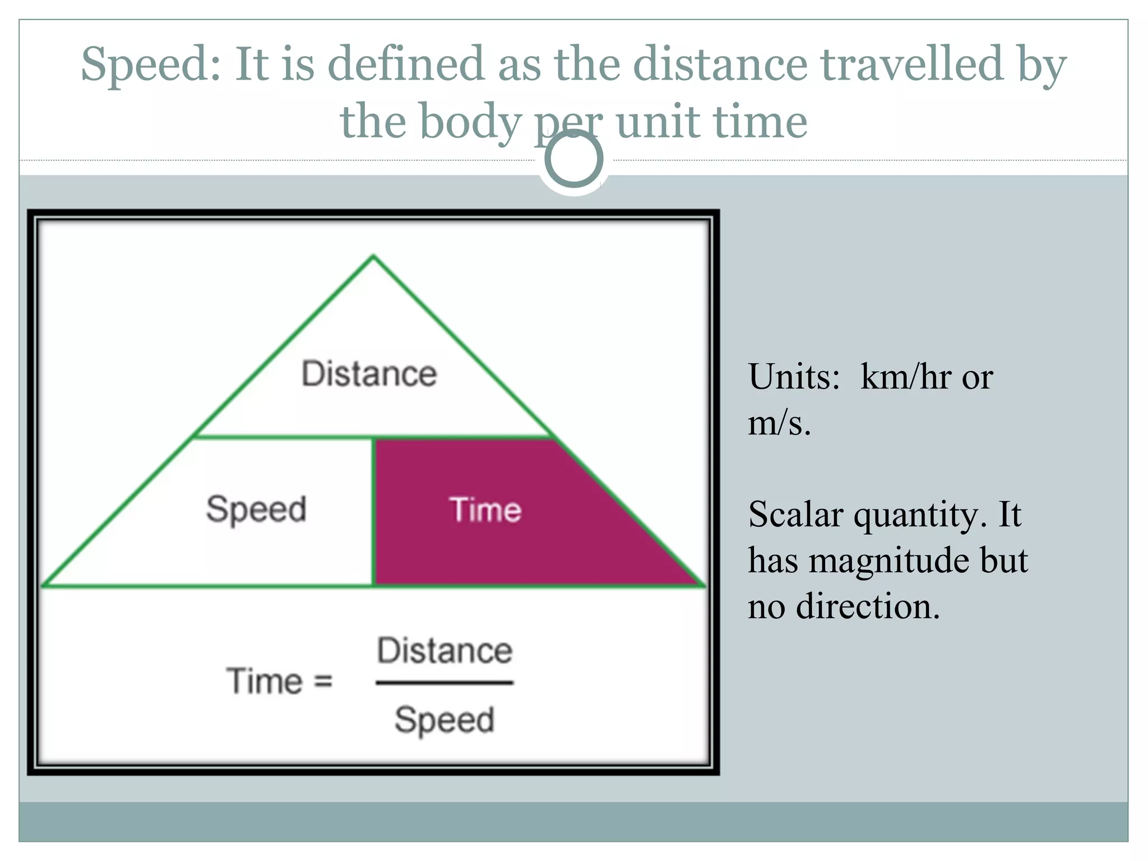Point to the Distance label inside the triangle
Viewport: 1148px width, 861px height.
(x=369, y=374)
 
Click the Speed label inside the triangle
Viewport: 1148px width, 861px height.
(x=256, y=510)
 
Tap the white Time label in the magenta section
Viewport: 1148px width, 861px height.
(x=485, y=510)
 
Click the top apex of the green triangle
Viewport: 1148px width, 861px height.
(x=373, y=257)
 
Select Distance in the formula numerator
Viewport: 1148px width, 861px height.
(x=445, y=651)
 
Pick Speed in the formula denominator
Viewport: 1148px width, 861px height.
(x=445, y=720)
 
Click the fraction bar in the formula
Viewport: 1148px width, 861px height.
(x=445, y=683)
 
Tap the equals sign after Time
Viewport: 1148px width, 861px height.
(x=323, y=682)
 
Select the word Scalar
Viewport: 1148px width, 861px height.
(x=795, y=514)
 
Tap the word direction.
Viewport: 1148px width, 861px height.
(x=867, y=607)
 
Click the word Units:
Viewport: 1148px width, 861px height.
(x=794, y=377)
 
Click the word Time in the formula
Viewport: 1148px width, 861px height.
(x=264, y=682)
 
